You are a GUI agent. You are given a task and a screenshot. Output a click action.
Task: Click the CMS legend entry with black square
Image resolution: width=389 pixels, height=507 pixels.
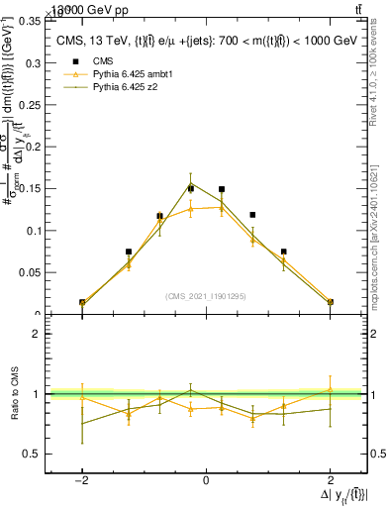point(99,61)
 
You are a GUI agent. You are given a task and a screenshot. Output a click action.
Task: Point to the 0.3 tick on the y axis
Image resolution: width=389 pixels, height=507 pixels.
point(32,62)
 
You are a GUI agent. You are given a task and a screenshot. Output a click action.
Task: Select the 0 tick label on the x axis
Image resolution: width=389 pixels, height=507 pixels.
point(206,480)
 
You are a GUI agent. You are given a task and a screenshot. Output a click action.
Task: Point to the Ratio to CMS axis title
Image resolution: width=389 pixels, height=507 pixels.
point(14,394)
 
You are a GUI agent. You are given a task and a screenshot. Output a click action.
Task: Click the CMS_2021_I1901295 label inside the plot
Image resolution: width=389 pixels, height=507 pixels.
point(206,295)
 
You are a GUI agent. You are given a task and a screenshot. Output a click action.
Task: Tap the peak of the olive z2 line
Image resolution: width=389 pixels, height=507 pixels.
point(191,183)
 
